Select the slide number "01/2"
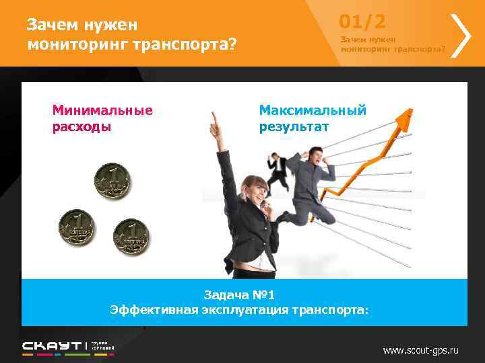coord(362,22)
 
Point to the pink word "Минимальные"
coord(102,110)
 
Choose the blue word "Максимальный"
coord(313,110)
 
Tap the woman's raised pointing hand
coord(216,122)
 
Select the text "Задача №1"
coord(239,295)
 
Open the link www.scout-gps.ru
coord(420,350)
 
